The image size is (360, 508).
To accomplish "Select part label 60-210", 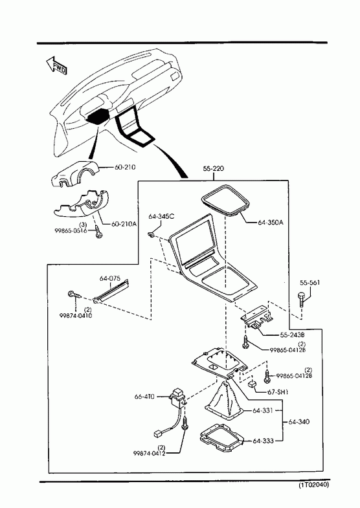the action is (x=125, y=167).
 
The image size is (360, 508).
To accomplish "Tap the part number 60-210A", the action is (x=124, y=224).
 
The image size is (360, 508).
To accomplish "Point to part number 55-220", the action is (x=214, y=168).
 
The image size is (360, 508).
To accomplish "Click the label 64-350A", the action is (x=271, y=223).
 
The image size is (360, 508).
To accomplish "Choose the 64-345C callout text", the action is (x=161, y=216).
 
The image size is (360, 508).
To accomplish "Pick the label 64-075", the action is (x=110, y=278).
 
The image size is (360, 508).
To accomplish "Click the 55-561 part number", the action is (x=309, y=283).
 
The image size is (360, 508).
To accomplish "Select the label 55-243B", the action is (x=292, y=335).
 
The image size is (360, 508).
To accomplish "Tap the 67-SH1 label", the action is (x=278, y=392).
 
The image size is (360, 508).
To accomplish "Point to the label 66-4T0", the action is (x=144, y=396).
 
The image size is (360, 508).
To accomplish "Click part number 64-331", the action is (x=263, y=410).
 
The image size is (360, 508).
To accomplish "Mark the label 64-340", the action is (x=298, y=422).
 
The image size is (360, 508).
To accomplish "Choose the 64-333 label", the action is (x=263, y=441).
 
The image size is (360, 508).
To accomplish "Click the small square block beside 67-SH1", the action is (x=252, y=384).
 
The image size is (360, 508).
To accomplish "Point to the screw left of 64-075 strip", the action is (x=74, y=295).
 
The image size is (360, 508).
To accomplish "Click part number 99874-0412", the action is (x=149, y=453).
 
